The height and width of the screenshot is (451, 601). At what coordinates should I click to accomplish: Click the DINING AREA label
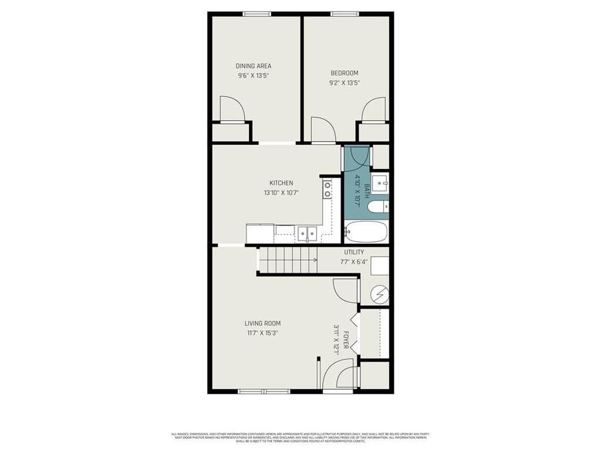pyautogui.click(x=253, y=65)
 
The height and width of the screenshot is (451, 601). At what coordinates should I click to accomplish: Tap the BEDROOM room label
pyautogui.click(x=344, y=73)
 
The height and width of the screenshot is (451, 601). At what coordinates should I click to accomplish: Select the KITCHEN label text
pyautogui.click(x=280, y=182)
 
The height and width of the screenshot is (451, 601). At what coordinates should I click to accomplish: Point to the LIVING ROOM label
pyautogui.click(x=262, y=323)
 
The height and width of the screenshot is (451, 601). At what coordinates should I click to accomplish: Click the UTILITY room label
pyautogui.click(x=354, y=252)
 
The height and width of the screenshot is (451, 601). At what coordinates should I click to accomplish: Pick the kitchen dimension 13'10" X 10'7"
pyautogui.click(x=280, y=192)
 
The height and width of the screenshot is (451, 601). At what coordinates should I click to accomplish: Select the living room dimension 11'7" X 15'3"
pyautogui.click(x=262, y=333)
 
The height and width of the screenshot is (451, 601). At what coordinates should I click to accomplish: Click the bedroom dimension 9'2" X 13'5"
pyautogui.click(x=344, y=83)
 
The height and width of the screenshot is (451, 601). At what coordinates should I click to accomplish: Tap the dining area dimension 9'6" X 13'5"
pyautogui.click(x=253, y=76)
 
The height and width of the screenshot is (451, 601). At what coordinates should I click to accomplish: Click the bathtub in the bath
pyautogui.click(x=366, y=232)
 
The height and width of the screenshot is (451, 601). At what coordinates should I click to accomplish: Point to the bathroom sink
pyautogui.click(x=380, y=181)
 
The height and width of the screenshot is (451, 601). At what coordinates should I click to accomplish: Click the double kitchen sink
pyautogui.click(x=307, y=233)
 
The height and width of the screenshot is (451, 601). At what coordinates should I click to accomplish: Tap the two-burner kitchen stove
pyautogui.click(x=327, y=190)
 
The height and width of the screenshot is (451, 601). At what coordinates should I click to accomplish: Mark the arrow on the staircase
pyautogui.click(x=314, y=260)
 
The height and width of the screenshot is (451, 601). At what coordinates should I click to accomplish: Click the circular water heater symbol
pyautogui.click(x=379, y=293)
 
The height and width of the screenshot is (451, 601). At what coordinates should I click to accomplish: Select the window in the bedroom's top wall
pyautogui.click(x=345, y=13)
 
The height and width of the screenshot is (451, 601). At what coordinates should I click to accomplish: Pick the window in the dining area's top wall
pyautogui.click(x=256, y=13)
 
